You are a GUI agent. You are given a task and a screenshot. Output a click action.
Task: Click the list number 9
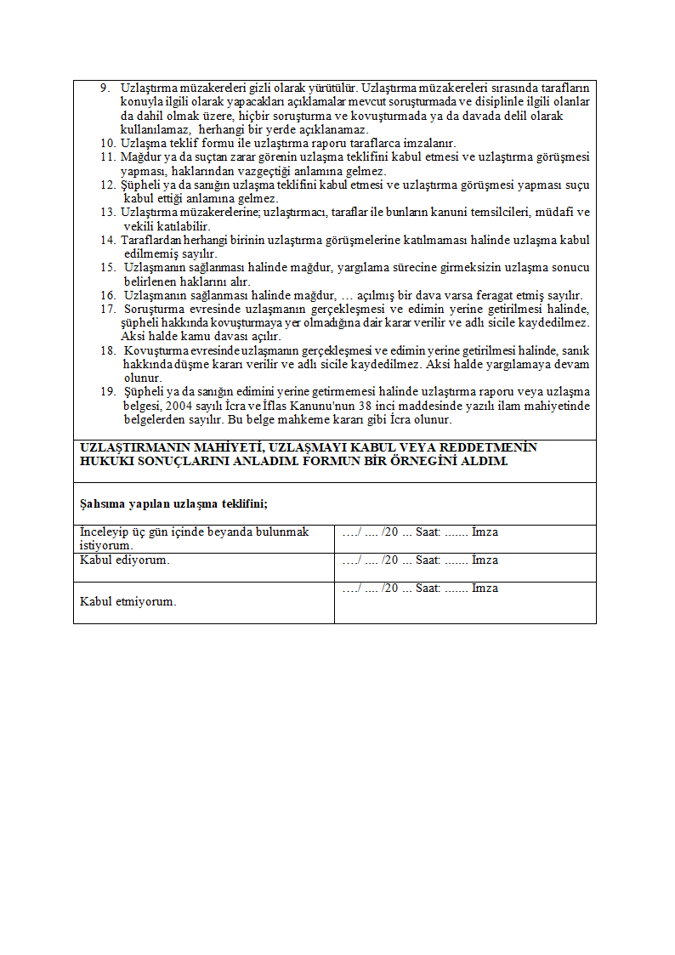(105, 88)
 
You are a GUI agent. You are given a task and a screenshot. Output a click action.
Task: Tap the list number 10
(107, 144)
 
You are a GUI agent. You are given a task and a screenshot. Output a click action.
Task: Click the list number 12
(107, 185)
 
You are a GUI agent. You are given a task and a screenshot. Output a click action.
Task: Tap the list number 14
(107, 241)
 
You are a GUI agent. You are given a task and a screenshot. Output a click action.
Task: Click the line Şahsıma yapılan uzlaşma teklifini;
(173, 503)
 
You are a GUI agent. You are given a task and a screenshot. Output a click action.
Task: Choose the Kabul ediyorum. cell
(125, 560)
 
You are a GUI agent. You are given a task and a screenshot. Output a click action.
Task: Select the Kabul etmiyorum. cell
(128, 601)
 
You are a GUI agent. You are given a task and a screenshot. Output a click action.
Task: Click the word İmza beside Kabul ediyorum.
(485, 560)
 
